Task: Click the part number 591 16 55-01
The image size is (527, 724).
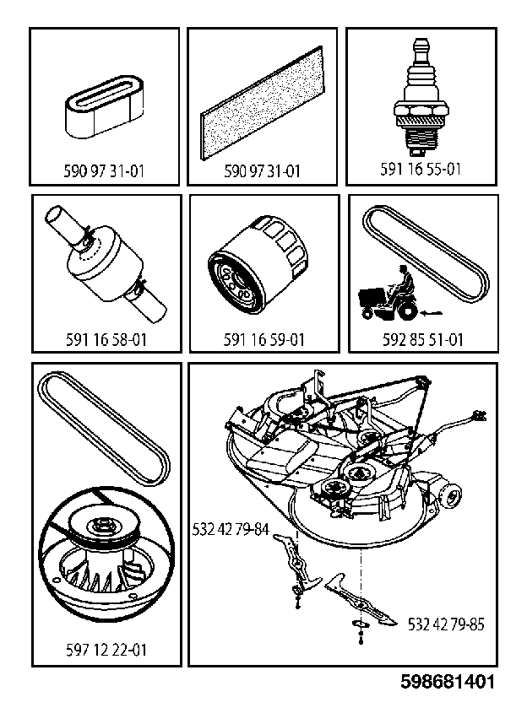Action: coord(421,169)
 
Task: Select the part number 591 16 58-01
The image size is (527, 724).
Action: coord(106,340)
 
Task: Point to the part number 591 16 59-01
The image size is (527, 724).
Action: coord(264,340)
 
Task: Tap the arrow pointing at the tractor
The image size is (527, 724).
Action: coord(432,314)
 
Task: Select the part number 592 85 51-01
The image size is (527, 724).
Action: coord(422,340)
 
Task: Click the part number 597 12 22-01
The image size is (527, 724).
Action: coord(106,650)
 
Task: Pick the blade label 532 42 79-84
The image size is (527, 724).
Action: coord(231,529)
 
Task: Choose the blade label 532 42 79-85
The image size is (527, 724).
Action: coord(446,624)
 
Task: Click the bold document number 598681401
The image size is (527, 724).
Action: coord(448,682)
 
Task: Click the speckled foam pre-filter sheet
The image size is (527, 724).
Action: coord(261,104)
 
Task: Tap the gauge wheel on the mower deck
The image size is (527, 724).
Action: coord(451,497)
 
